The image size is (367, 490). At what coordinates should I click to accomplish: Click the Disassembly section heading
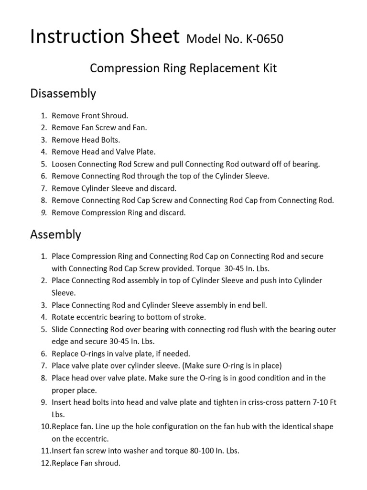pyautogui.click(x=63, y=93)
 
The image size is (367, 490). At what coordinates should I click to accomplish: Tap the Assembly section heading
pyautogui.click(x=55, y=234)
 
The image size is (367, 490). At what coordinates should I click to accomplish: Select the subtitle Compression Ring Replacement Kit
pyautogui.click(x=183, y=68)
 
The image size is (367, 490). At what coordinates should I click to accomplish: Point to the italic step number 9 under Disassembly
pyautogui.click(x=43, y=213)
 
